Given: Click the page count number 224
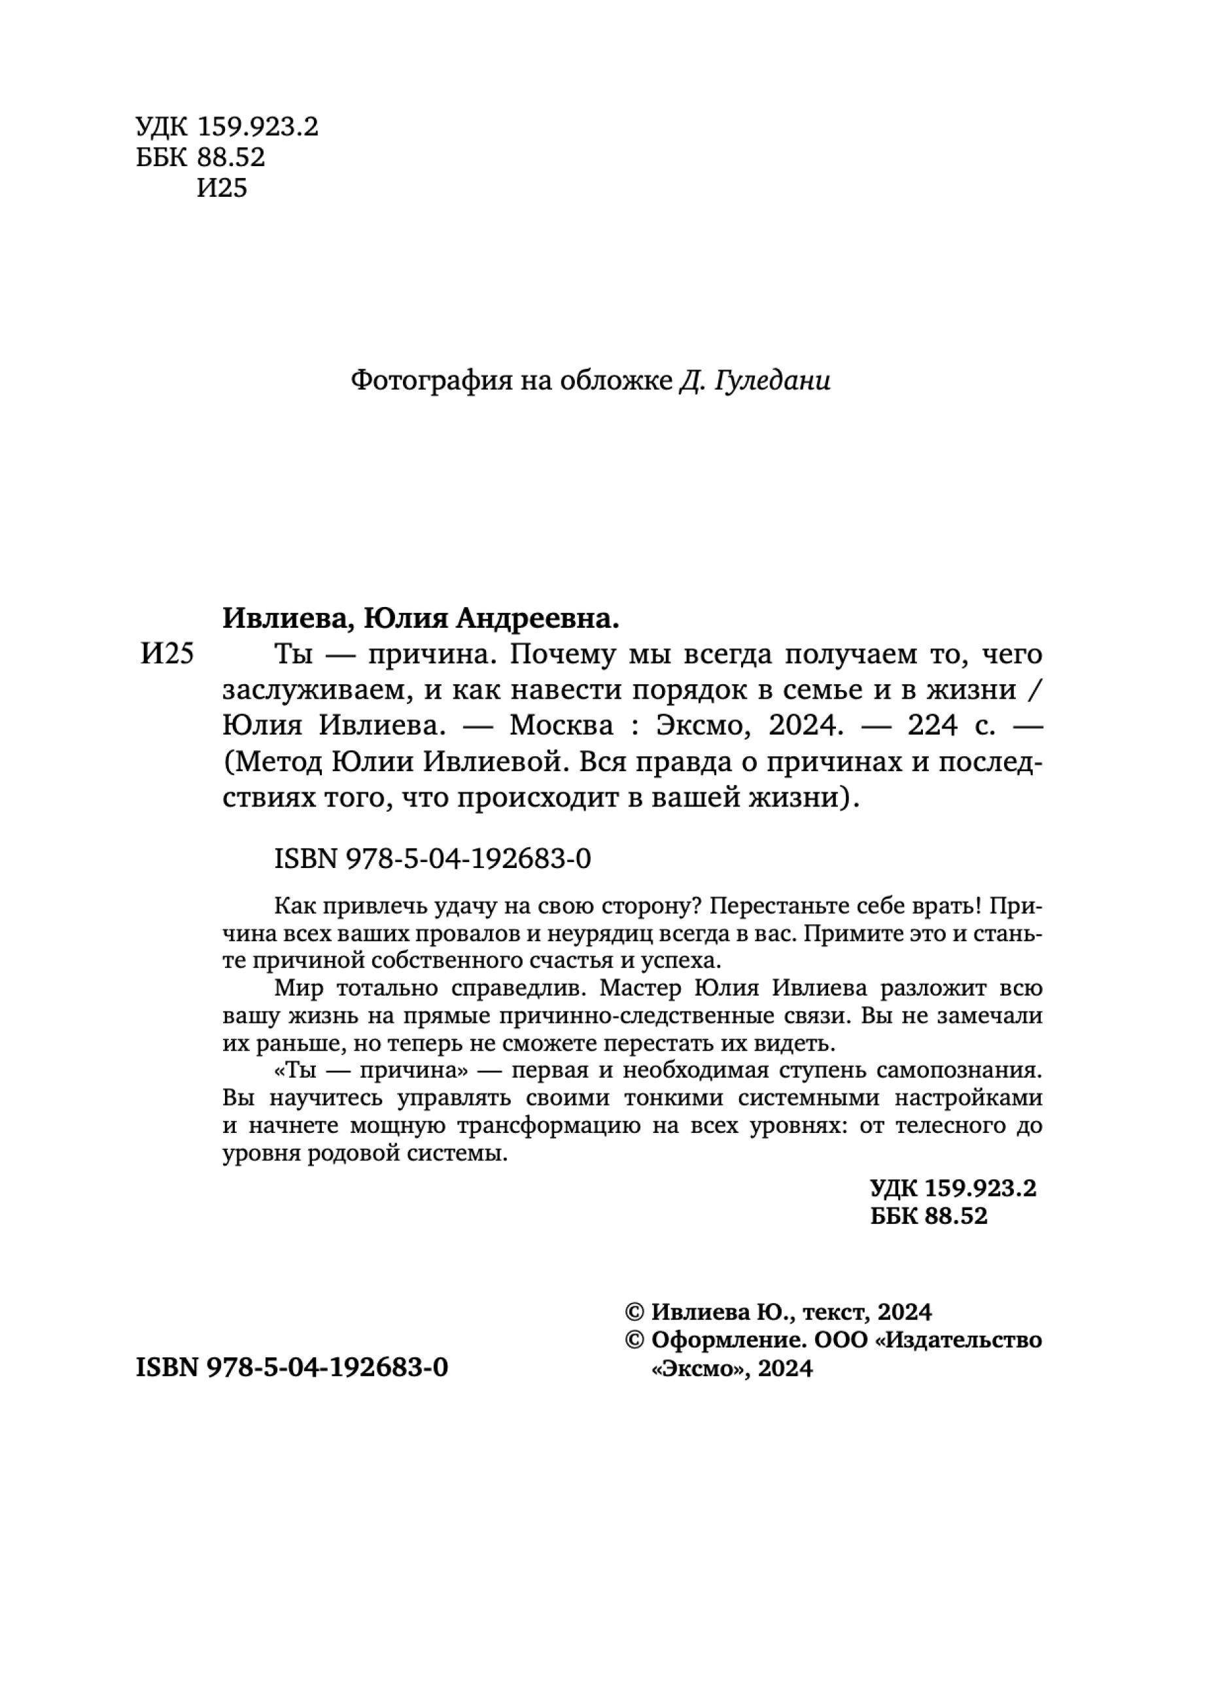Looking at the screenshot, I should [x=932, y=725].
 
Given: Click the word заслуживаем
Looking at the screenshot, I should [x=317, y=689].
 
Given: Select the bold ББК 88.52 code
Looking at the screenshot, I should [x=928, y=1215].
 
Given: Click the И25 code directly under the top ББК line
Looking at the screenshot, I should [x=222, y=188].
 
